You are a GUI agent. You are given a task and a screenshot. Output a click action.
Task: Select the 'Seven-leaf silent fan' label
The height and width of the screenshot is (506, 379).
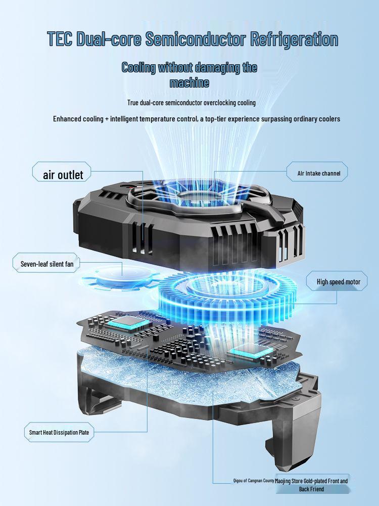pyautogui.click(x=46, y=264)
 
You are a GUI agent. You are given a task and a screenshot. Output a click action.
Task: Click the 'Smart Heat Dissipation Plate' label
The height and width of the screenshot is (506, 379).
pyautogui.click(x=59, y=432)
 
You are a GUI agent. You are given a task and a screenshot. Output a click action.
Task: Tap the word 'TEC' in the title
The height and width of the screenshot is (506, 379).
pyautogui.click(x=59, y=39)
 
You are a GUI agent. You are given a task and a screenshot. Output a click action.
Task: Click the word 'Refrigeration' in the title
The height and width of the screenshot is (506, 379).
pyautogui.click(x=294, y=39)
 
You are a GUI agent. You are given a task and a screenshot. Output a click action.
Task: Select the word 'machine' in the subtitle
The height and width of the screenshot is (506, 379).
pyautogui.click(x=189, y=82)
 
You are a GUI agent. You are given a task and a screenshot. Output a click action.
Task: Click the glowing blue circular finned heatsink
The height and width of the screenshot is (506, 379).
pyautogui.click(x=225, y=299)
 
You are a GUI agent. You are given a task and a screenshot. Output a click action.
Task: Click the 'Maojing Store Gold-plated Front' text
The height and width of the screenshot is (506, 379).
pyautogui.click(x=311, y=481)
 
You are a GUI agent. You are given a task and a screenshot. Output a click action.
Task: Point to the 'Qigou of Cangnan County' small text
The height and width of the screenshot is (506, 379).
pyautogui.click(x=254, y=481)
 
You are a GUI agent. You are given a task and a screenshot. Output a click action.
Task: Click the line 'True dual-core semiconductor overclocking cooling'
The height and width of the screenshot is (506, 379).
pyautogui.click(x=192, y=103)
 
